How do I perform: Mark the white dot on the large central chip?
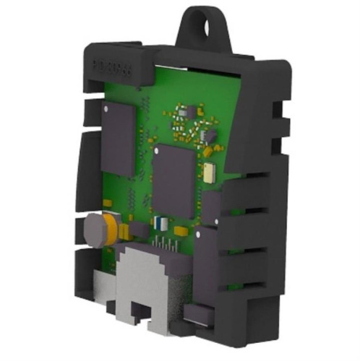click(157, 152)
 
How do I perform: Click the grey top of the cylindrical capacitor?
click(92, 230)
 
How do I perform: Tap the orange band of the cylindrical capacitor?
click(108, 227)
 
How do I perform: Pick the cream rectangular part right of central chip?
click(209, 171)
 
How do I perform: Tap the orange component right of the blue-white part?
click(181, 231)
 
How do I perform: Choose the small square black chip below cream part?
click(211, 206)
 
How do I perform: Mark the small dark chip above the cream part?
click(209, 136)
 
